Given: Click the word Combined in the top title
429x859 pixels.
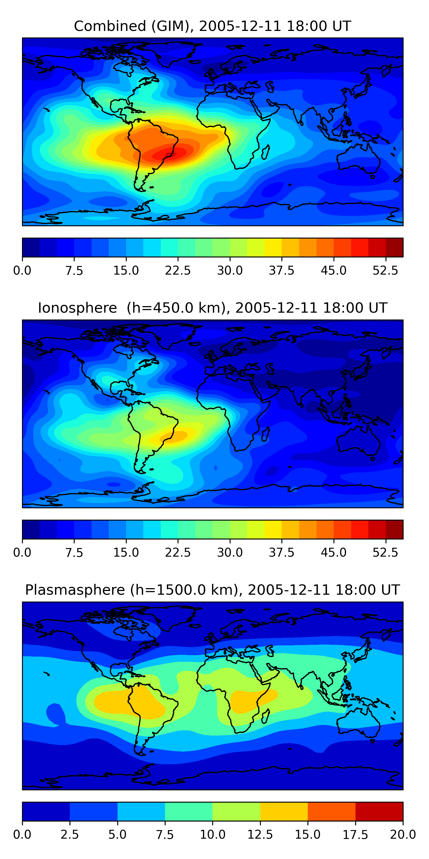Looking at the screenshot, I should (x=110, y=26).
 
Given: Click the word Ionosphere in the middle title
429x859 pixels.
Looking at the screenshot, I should (x=77, y=308).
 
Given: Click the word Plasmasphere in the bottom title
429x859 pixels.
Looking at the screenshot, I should (x=75, y=590).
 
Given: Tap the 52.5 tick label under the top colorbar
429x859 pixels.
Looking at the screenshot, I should (x=385, y=270).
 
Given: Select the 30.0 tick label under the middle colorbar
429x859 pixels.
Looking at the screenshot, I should (x=230, y=553).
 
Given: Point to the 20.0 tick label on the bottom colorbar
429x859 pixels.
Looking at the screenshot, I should (x=403, y=835).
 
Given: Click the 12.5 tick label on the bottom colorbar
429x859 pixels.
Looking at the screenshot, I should (x=260, y=835).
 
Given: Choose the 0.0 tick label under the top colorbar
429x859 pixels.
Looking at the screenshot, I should (x=22, y=270).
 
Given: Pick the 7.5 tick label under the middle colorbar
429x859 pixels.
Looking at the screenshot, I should (x=74, y=553).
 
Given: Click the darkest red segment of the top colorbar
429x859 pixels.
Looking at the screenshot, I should (x=394, y=247).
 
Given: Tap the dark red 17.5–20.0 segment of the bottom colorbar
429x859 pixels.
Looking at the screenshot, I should (x=379, y=811).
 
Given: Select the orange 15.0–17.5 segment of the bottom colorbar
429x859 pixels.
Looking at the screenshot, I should (x=331, y=811).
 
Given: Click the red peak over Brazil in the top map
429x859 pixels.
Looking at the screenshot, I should (x=173, y=153).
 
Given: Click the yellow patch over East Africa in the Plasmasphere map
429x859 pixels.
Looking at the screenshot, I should (x=247, y=700).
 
